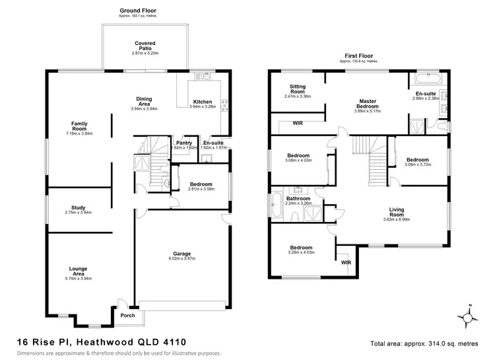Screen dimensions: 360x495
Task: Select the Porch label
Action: [x=127, y=315]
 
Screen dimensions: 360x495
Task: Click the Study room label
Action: [x=78, y=207]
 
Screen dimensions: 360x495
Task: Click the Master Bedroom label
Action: [x=368, y=104]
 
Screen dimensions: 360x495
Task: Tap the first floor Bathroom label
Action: [x=298, y=198]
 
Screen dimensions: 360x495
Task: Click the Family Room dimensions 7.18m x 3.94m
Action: [x=80, y=133]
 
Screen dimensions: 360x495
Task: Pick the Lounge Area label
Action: [x=79, y=269]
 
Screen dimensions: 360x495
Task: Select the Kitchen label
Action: [x=201, y=102]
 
